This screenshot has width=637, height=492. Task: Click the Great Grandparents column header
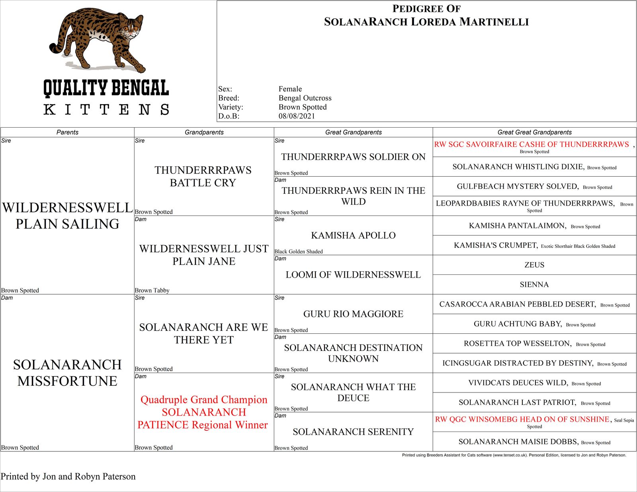click(x=353, y=132)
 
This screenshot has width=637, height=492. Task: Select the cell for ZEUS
click(x=534, y=265)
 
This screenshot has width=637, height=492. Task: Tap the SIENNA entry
click(x=534, y=284)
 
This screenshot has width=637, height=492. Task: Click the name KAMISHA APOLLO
click(x=353, y=235)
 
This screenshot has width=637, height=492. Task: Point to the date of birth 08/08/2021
click(x=297, y=116)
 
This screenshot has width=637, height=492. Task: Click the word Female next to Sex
click(x=290, y=89)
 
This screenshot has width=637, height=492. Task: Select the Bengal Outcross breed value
click(x=305, y=98)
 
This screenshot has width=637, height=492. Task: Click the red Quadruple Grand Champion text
click(x=204, y=399)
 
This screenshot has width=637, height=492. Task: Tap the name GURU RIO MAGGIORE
click(x=353, y=314)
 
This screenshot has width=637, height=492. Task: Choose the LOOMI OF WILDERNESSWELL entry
click(x=353, y=274)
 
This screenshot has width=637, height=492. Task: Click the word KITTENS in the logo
click(x=106, y=109)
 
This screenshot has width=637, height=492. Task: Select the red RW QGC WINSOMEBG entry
click(x=522, y=419)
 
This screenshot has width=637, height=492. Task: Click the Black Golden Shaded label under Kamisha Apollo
click(x=299, y=251)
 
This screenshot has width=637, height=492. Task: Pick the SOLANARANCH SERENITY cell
click(x=353, y=432)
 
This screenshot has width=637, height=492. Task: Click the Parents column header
click(x=67, y=132)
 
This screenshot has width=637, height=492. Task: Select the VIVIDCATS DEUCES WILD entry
click(x=518, y=383)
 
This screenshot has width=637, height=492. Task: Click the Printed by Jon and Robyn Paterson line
click(x=68, y=476)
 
